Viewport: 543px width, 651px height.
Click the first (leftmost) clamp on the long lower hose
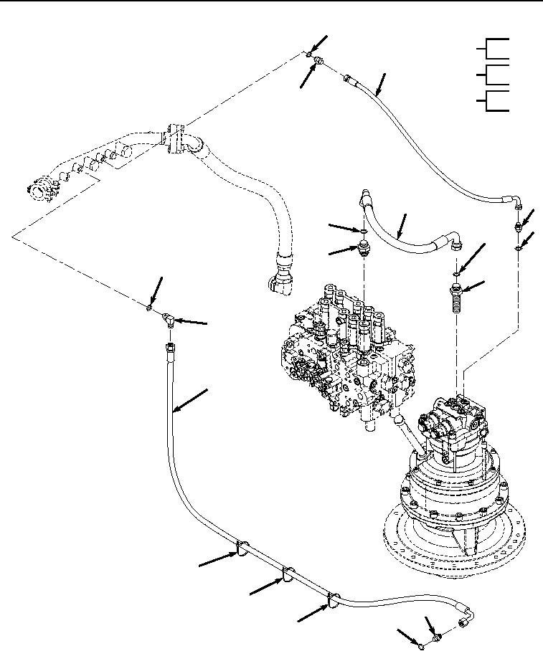pos(242,549)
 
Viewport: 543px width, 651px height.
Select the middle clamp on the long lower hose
pos(287,574)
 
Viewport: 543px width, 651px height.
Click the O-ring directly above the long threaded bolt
pos(456,272)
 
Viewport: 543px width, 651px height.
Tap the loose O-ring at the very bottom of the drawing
pos(421,646)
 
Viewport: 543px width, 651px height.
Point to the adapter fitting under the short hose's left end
pos(364,250)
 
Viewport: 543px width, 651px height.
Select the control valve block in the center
pos(344,344)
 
